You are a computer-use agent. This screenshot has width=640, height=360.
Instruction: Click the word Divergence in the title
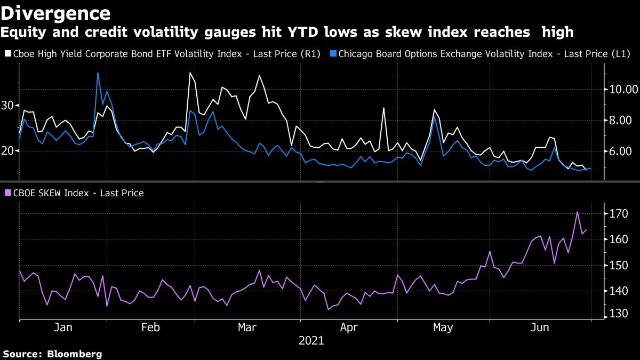point(55,12)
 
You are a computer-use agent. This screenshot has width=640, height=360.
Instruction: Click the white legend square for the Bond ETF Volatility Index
point(7,54)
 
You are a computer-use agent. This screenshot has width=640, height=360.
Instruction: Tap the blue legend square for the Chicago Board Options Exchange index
point(332,54)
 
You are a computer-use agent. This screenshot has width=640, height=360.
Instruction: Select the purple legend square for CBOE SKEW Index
point(7,193)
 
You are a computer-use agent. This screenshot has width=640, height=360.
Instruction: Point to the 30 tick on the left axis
point(8,106)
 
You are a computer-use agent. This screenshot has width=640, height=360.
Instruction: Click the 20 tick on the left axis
point(8,151)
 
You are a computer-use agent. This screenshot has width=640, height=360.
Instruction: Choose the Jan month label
point(63,327)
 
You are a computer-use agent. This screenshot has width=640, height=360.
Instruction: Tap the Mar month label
point(248,327)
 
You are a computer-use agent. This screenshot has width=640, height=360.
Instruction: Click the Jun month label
point(541,327)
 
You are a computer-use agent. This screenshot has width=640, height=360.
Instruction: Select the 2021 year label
point(311,340)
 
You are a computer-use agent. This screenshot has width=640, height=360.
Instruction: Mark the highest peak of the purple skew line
point(578,212)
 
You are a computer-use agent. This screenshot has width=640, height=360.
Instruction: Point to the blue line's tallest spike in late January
point(98,73)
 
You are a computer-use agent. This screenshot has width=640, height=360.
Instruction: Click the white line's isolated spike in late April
point(383,108)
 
